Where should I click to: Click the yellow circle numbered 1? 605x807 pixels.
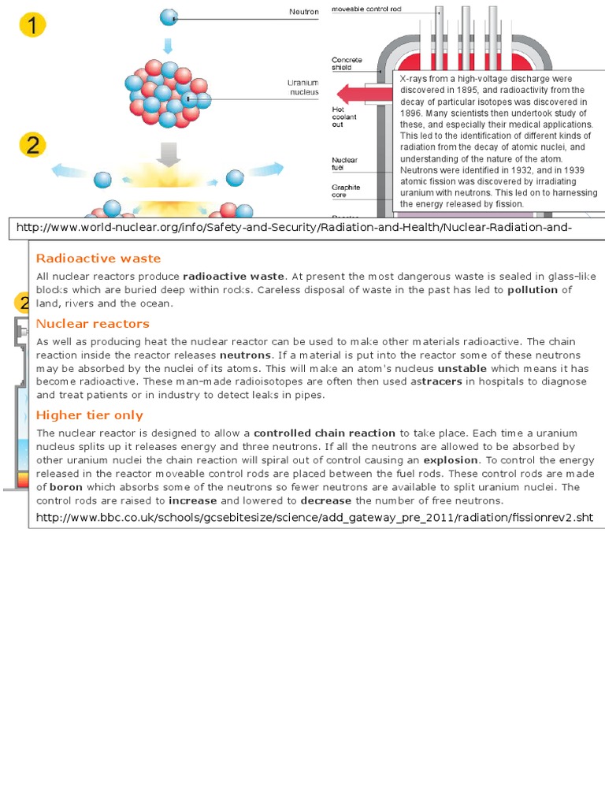pyautogui.click(x=32, y=27)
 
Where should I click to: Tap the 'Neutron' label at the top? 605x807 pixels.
pyautogui.click(x=304, y=12)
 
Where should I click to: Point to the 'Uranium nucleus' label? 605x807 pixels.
pyautogui.click(x=303, y=87)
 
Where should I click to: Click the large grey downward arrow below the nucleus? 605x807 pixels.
pyautogui.click(x=168, y=153)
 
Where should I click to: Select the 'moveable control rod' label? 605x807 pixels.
pyautogui.click(x=367, y=9)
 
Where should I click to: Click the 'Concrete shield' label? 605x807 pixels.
pyautogui.click(x=347, y=64)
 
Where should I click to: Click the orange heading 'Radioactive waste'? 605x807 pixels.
pyautogui.click(x=98, y=258)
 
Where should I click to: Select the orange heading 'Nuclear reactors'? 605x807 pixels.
pyautogui.click(x=93, y=324)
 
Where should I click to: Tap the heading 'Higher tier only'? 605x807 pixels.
pyautogui.click(x=90, y=415)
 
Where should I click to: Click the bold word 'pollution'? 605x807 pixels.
pyautogui.click(x=533, y=290)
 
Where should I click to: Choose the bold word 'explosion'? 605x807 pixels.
pyautogui.click(x=451, y=460)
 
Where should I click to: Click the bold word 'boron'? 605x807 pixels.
pyautogui.click(x=66, y=487)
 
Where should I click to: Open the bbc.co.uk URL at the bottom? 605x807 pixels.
pyautogui.click(x=314, y=517)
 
